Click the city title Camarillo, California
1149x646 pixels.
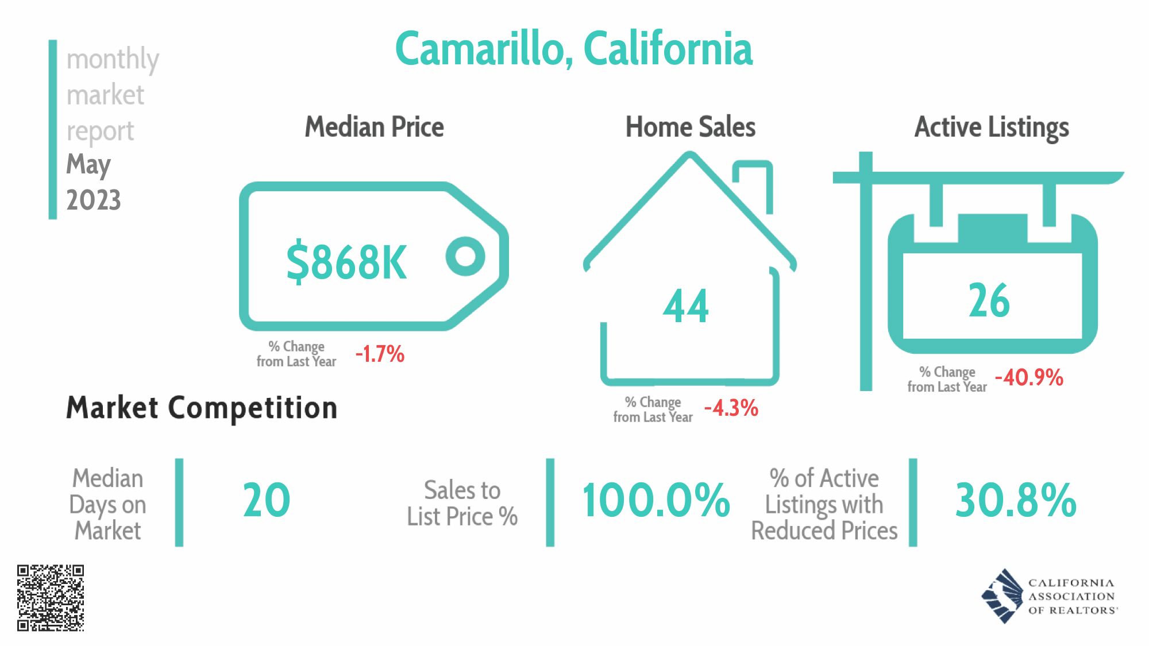tap(573, 49)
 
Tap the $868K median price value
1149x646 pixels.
tap(346, 262)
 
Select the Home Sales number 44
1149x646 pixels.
tap(686, 306)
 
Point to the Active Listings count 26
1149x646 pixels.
tap(989, 300)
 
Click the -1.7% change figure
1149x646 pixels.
tap(380, 354)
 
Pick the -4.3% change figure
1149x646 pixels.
tap(731, 408)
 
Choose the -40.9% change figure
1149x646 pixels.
tap(1029, 378)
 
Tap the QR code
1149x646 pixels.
tap(51, 598)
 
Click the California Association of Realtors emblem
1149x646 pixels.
tap(1003, 596)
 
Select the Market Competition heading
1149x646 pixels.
tap(202, 408)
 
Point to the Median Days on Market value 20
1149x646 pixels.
tap(267, 501)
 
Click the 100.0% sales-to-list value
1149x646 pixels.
tap(656, 501)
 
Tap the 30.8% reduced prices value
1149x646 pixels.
tap(1015, 501)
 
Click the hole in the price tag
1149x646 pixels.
tap(465, 256)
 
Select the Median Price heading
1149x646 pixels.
tap(374, 127)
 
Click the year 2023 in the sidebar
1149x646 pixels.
tap(94, 200)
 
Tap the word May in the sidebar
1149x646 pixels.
tap(88, 165)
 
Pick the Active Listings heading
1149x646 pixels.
tap(992, 127)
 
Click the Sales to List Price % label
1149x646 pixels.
tap(462, 504)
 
